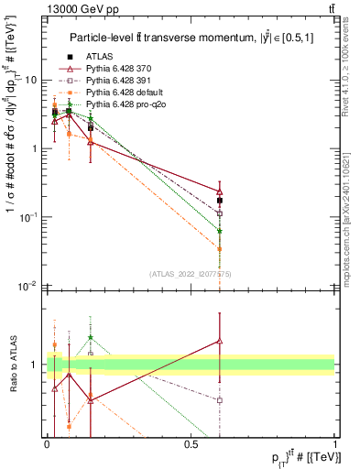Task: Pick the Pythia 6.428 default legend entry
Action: coord(121,93)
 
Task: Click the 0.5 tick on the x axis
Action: coord(191,444)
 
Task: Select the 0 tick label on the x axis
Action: coord(47,444)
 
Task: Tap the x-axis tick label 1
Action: coord(334,444)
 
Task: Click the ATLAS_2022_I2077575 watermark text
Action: coord(190,274)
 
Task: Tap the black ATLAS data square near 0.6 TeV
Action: coord(220,200)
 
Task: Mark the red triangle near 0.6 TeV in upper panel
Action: coord(220,191)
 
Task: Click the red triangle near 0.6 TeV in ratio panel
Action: coord(220,341)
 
